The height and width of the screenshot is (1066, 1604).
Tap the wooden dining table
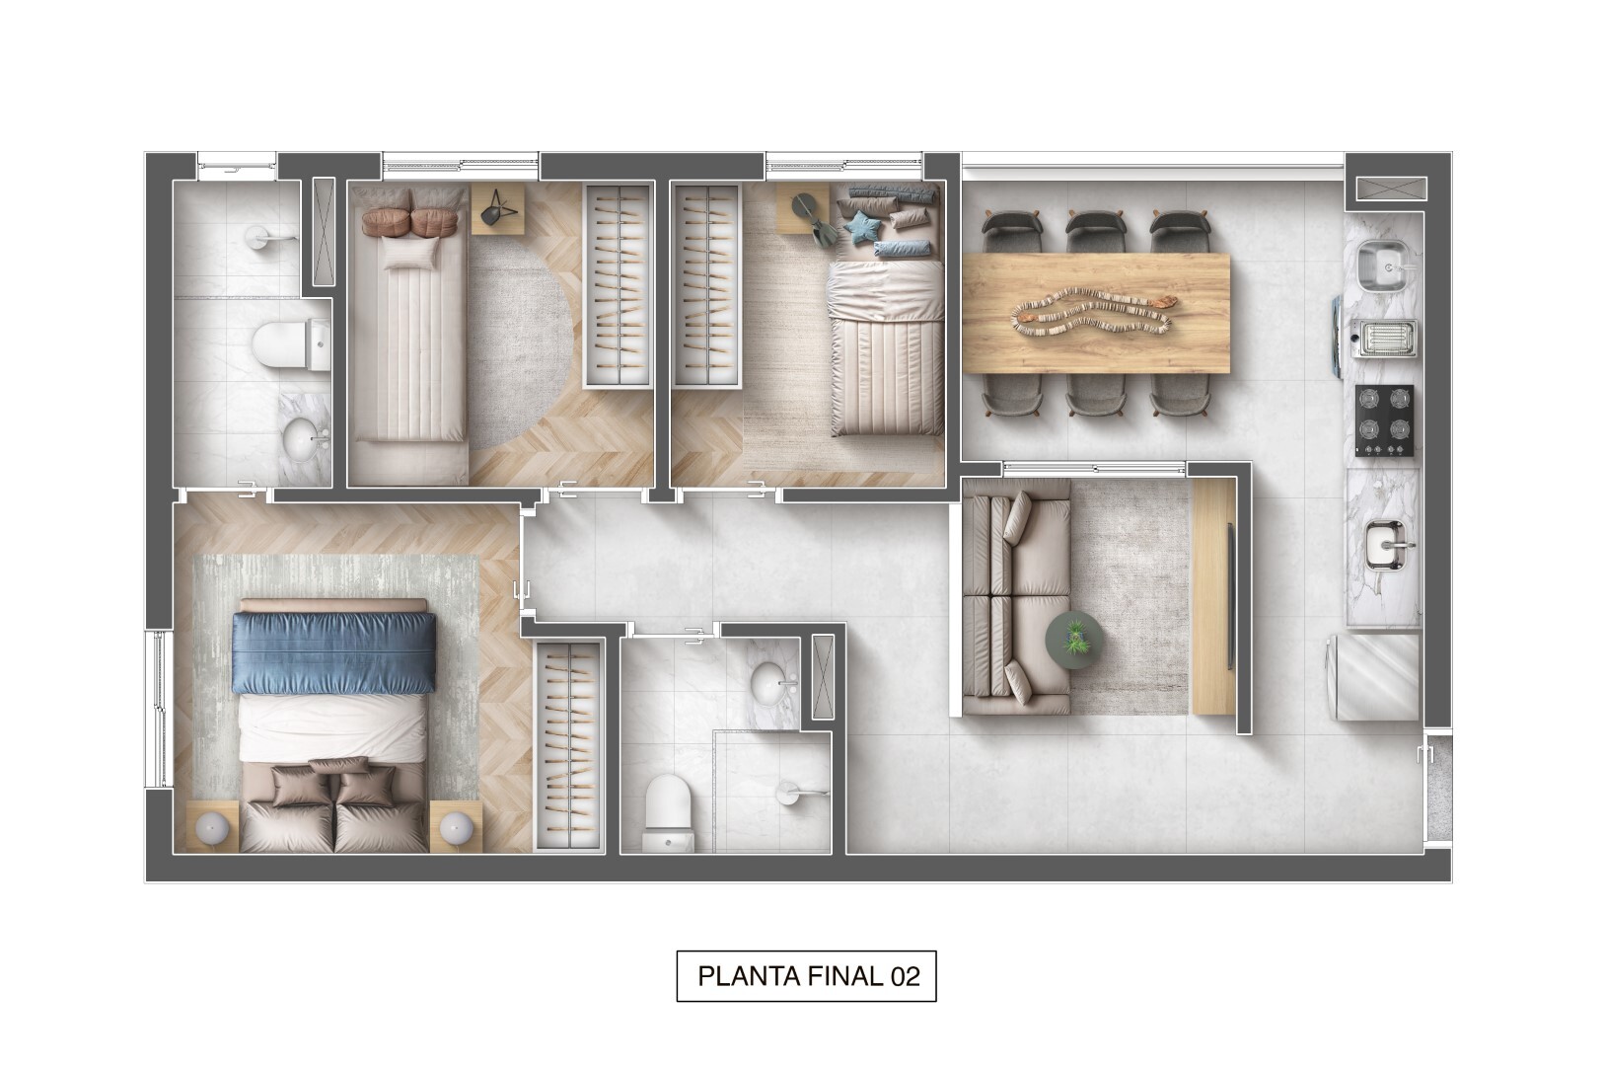click(1095, 314)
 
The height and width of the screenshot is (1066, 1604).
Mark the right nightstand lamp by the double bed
click(455, 827)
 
